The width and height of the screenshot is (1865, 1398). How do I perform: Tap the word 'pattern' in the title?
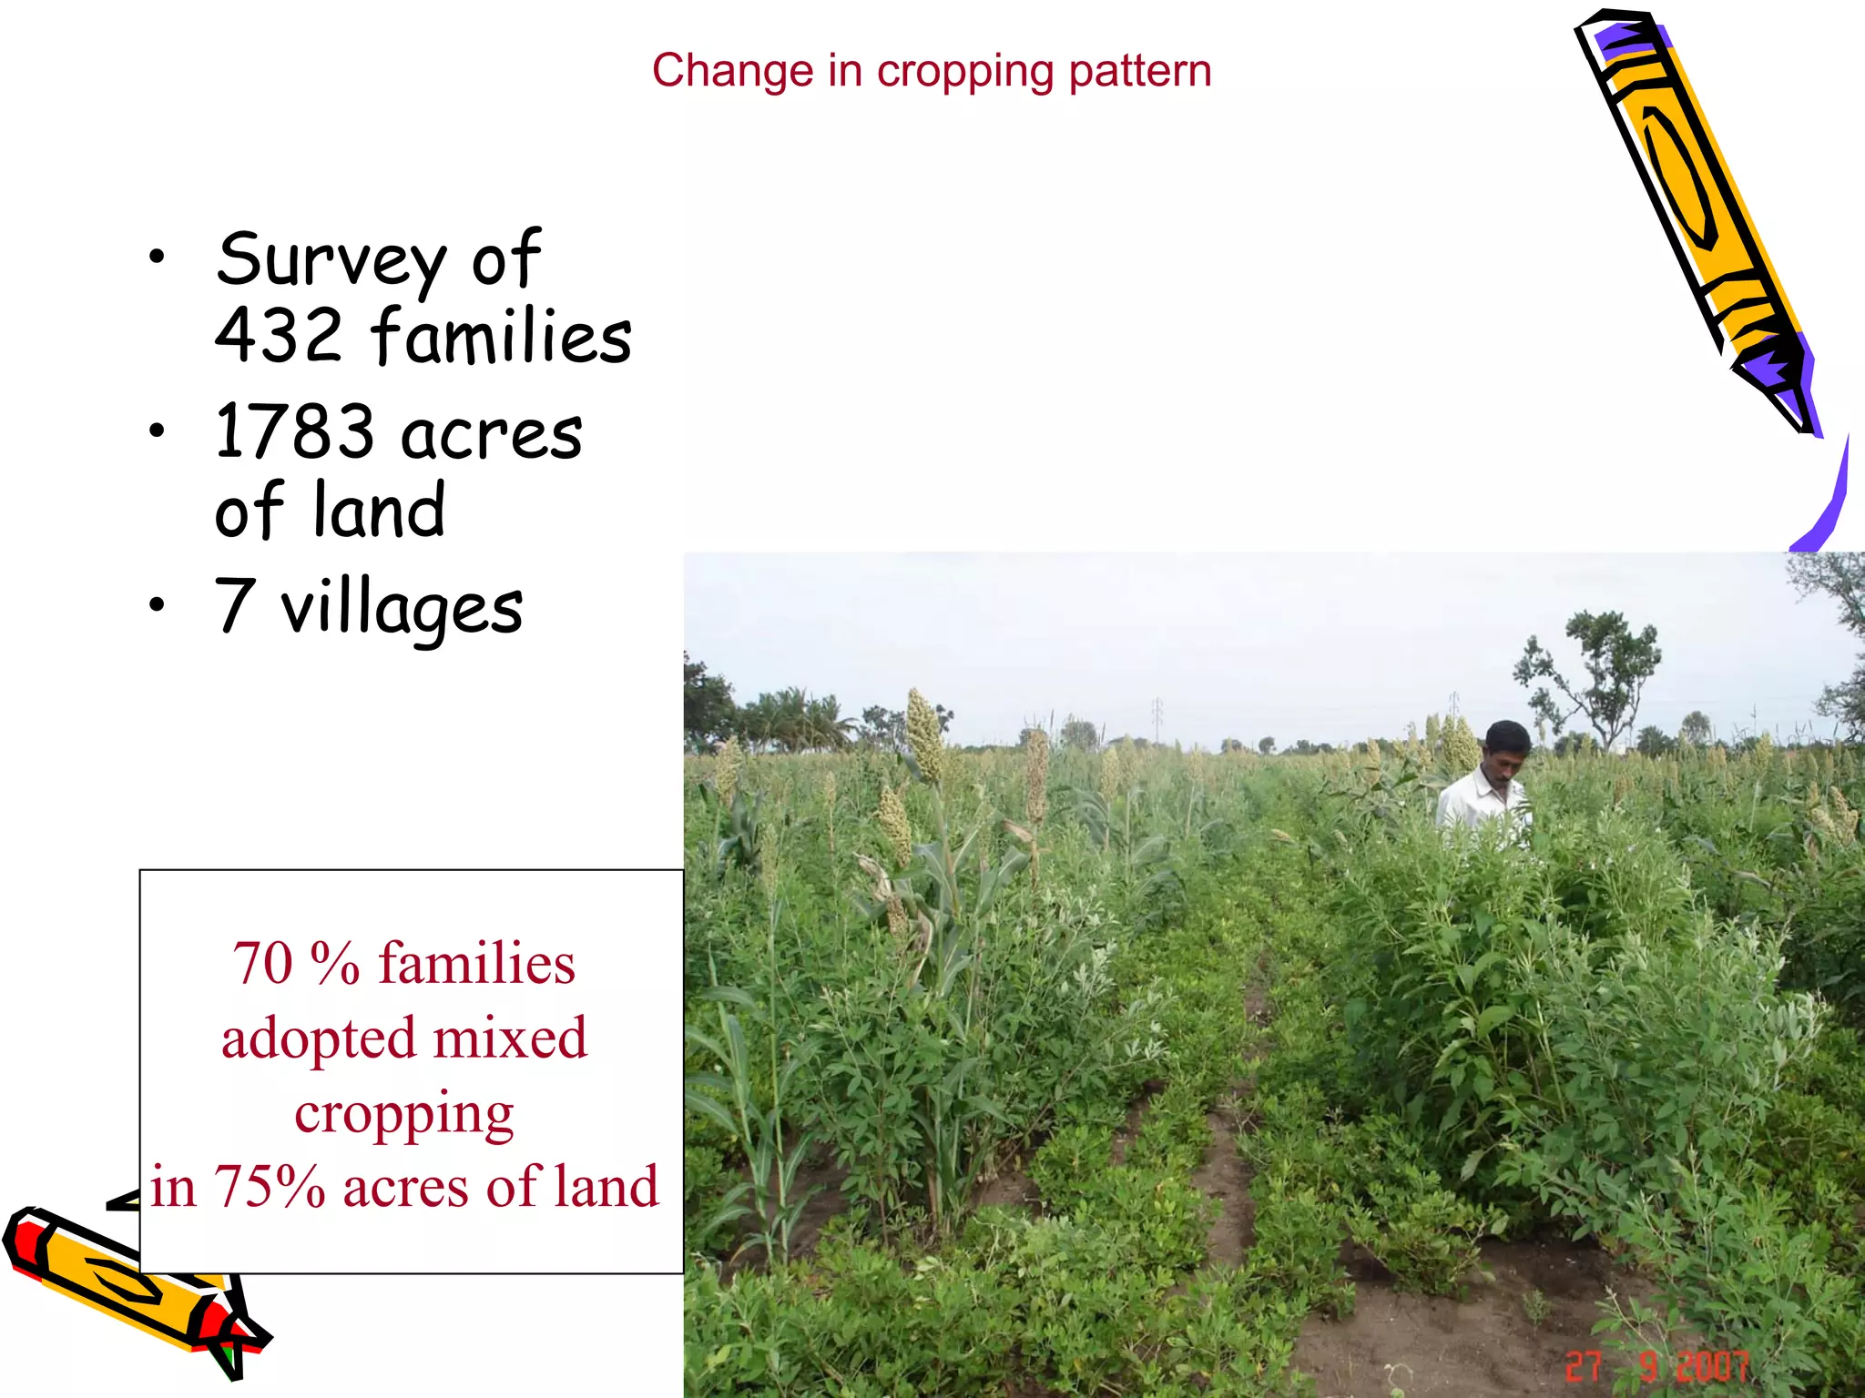[1139, 71]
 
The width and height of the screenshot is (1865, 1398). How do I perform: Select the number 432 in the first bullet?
[278, 335]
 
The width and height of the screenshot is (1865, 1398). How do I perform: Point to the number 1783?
[294, 431]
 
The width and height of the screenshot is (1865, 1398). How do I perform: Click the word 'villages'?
[402, 608]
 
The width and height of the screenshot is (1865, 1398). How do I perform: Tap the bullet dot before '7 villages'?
[158, 604]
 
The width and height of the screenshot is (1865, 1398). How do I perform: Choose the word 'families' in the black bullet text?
[501, 335]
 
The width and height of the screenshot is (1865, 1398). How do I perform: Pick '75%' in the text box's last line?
[270, 1187]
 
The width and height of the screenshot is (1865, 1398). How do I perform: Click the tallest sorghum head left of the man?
[923, 733]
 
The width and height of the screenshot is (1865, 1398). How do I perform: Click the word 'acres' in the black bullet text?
[490, 433]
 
